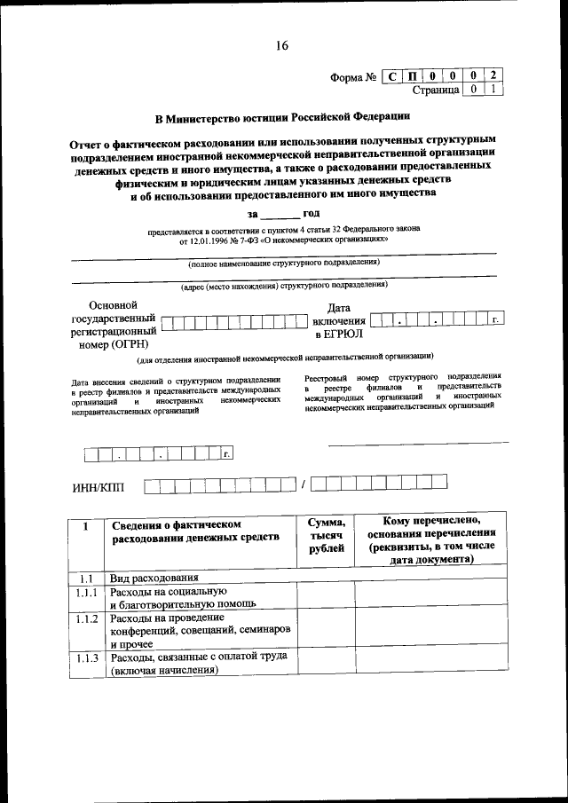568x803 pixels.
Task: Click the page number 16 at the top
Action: click(281, 45)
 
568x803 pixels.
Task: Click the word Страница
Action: click(436, 90)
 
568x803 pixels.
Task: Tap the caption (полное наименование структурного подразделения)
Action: click(283, 263)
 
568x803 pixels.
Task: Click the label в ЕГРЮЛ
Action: click(337, 335)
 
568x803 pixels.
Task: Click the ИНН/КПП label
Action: click(99, 485)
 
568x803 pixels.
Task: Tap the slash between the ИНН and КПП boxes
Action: click(303, 484)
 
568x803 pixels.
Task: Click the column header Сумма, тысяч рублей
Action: click(326, 537)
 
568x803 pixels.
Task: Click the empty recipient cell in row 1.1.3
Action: click(430, 663)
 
